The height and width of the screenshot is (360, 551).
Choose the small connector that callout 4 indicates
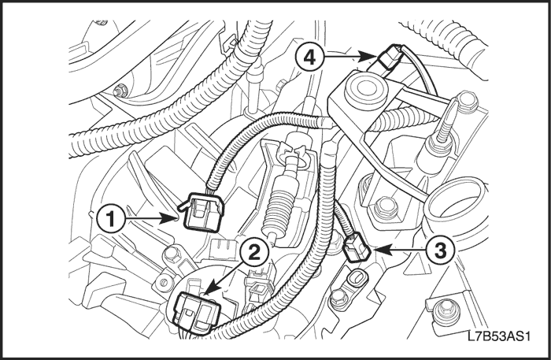389,58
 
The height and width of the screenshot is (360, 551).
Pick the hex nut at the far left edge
119,89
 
